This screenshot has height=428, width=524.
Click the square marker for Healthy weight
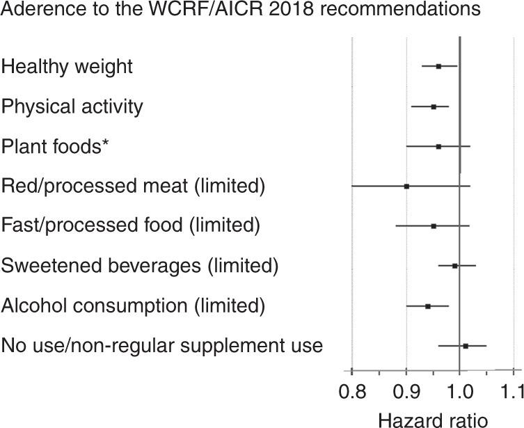pos(438,66)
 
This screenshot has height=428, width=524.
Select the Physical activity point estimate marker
pos(434,106)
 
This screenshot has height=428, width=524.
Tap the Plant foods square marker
pos(438,147)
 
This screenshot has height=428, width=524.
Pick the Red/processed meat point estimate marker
pos(406,187)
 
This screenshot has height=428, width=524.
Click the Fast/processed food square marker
pos(434,226)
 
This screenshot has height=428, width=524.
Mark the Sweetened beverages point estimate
pos(455,266)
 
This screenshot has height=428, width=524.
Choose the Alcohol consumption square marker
pos(428,306)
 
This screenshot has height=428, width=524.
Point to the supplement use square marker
pos(466,346)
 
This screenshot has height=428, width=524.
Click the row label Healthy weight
pos(67,67)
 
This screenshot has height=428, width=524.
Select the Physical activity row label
pos(72,106)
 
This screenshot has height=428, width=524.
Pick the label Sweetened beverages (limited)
pos(140,266)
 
